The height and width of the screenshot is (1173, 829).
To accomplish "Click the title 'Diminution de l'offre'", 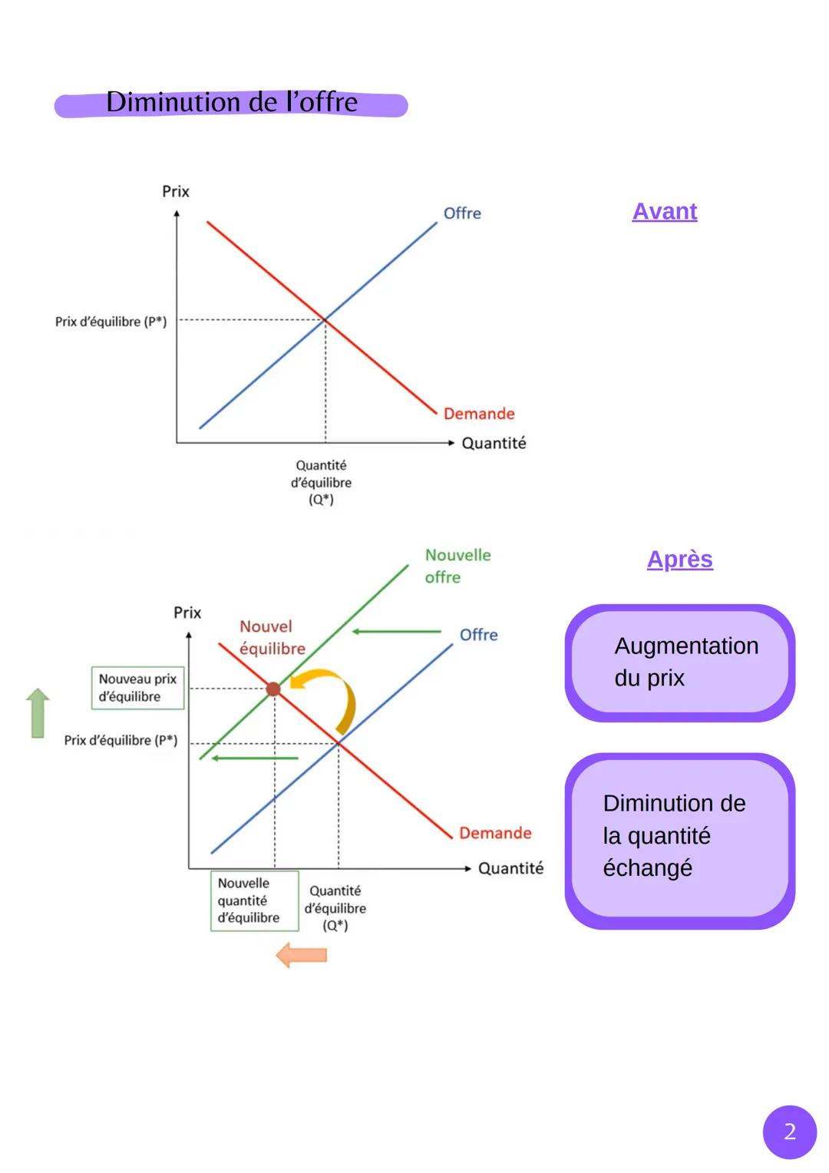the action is pos(232,102).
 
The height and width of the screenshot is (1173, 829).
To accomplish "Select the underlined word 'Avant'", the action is pos(664,212).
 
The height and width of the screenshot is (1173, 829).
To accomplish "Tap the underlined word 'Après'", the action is pos(680,560).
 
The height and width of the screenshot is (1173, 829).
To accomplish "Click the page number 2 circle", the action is pos(789,1132).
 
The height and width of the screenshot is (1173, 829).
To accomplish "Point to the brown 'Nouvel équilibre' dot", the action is pos(272,689).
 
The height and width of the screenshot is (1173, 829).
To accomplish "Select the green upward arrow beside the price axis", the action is pos(38,712).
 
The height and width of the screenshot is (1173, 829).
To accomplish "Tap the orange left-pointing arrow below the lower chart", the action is pos(301,955).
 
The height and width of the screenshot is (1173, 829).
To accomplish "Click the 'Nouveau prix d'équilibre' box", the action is pos(137,688).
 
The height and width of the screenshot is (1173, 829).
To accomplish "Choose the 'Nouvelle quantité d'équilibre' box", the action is pos(255,900).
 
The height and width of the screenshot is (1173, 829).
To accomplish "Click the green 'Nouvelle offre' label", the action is pos(457,566).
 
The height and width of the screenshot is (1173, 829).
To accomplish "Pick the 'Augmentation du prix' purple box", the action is pos(680,662).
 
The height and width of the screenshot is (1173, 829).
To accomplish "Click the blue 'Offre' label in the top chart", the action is pos(462,213).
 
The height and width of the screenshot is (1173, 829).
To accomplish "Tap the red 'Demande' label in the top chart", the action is pos(479,414).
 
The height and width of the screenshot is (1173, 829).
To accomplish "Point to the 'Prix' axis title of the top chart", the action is pos(176,192).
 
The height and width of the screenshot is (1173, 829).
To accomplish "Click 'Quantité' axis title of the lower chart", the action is pos(510,869).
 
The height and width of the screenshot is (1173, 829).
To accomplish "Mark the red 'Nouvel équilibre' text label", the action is pos(272,637).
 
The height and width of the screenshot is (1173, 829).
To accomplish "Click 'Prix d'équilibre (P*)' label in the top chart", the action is pos(111,322).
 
